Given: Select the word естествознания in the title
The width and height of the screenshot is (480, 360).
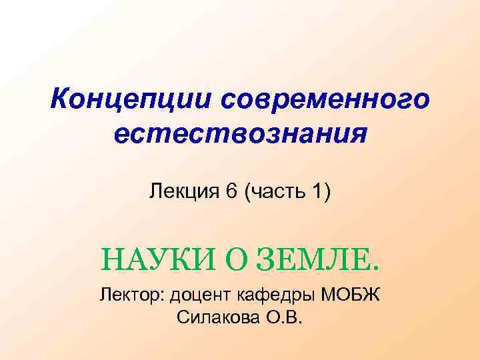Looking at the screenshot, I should pos(240,135).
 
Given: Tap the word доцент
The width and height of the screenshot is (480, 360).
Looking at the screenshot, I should pos(200,295).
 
